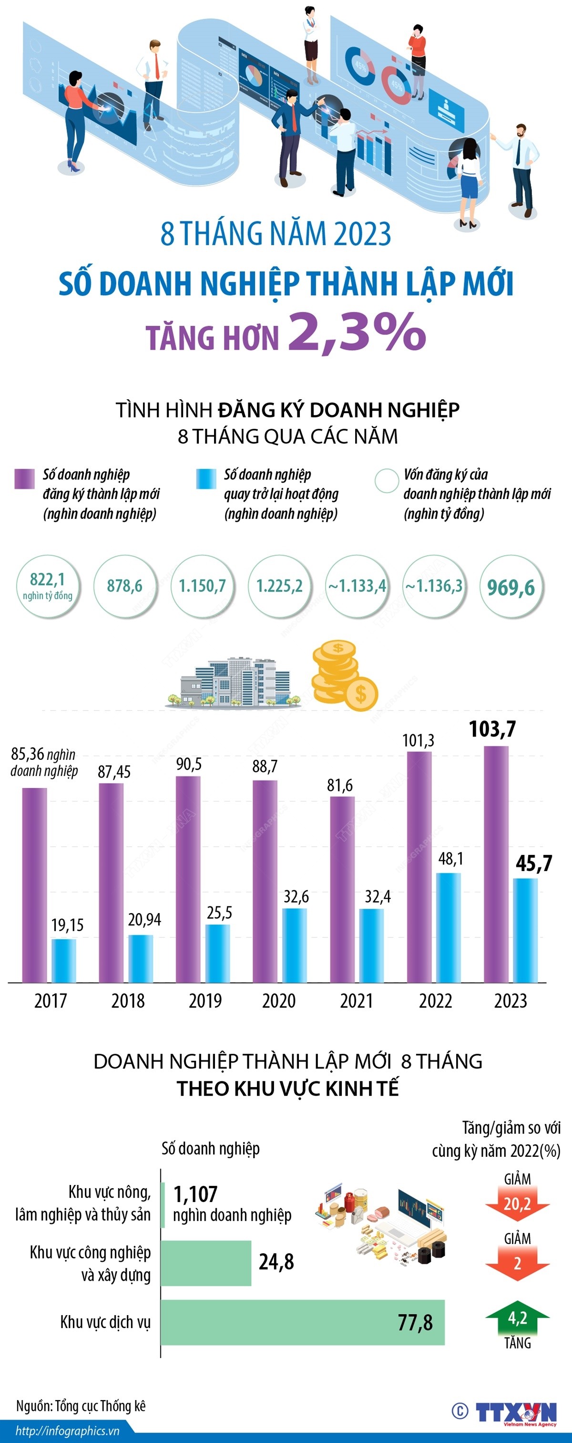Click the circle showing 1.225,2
click(279, 586)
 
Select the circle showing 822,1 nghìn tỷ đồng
click(48, 586)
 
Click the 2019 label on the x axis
click(205, 1000)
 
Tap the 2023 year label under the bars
click(510, 1000)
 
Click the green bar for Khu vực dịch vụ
click(302, 1322)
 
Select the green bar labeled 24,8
click(206, 1263)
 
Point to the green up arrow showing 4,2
click(517, 1318)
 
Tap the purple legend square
click(24, 479)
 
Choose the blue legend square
click(205, 479)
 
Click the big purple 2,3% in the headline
click(357, 332)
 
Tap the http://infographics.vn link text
click(67, 1431)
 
